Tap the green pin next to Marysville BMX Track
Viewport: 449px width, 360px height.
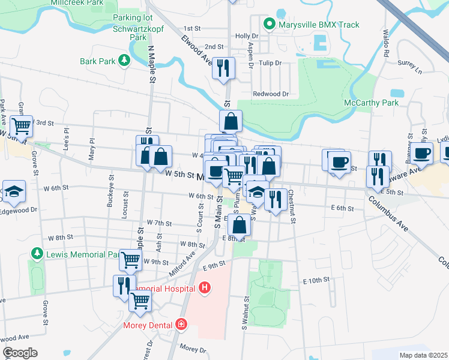pyautogui.click(x=270, y=25)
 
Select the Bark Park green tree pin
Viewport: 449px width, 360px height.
pyautogui.click(x=124, y=61)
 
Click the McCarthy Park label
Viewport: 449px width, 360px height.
pyautogui.click(x=371, y=103)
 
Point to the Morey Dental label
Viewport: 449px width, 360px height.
pyautogui.click(x=148, y=325)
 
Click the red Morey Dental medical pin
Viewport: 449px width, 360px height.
pyautogui.click(x=181, y=325)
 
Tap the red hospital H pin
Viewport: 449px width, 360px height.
pyautogui.click(x=205, y=288)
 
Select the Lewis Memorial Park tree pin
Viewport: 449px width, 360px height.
pyautogui.click(x=37, y=254)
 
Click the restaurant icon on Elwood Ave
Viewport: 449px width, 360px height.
pyautogui.click(x=223, y=67)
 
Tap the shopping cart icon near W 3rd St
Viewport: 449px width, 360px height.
pyautogui.click(x=22, y=126)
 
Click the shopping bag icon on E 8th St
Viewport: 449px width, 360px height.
pyautogui.click(x=239, y=226)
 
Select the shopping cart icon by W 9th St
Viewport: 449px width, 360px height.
pyautogui.click(x=130, y=260)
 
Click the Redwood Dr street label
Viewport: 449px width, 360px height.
pyautogui.click(x=271, y=94)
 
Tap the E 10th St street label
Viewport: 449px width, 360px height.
pyautogui.click(x=316, y=280)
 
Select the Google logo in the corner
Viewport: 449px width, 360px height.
pyautogui.click(x=20, y=353)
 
